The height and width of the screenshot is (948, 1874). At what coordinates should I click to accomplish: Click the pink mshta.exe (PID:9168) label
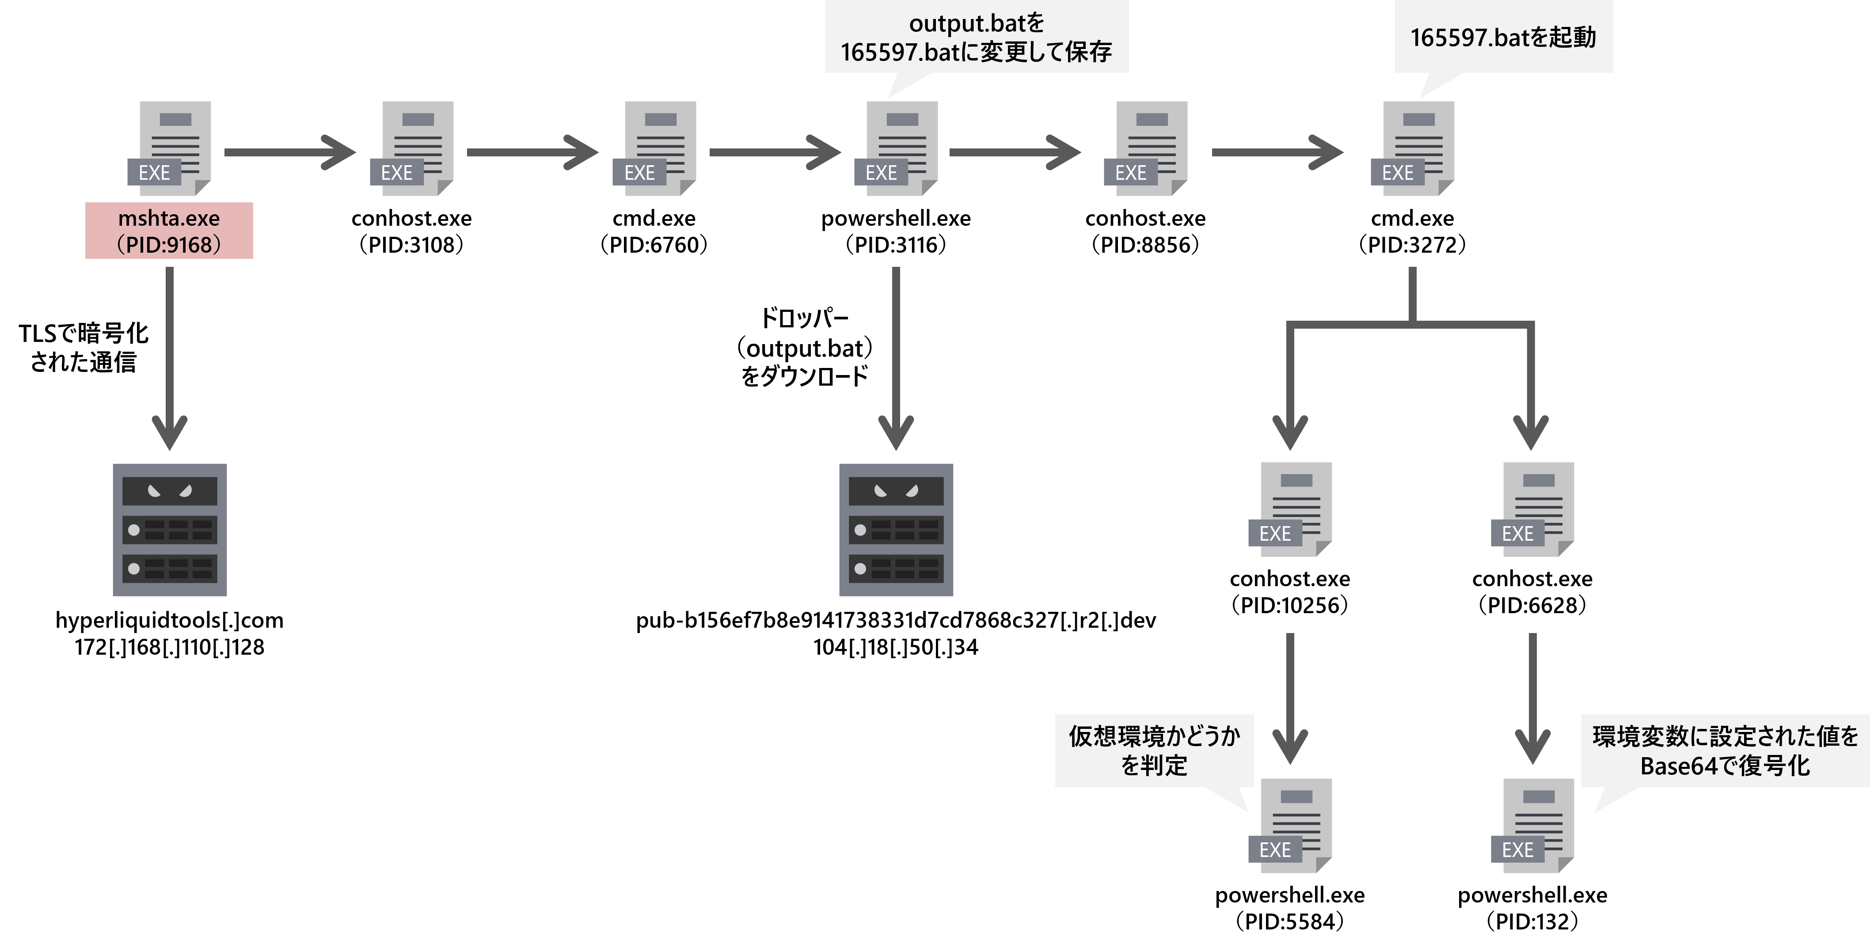click(169, 231)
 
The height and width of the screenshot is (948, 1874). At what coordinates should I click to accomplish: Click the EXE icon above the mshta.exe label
click(170, 148)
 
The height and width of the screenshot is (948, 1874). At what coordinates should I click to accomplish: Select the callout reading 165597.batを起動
click(1503, 37)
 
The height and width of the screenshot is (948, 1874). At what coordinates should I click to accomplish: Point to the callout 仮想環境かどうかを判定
click(1154, 751)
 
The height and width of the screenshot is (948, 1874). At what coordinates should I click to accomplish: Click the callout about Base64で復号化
click(1725, 751)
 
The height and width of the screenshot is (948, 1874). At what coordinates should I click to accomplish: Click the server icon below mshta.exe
click(170, 530)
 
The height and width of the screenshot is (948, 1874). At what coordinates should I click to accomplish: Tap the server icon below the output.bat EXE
click(896, 530)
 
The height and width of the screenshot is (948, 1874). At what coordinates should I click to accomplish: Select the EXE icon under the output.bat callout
click(896, 148)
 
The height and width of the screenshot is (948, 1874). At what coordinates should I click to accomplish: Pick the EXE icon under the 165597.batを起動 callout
click(1413, 148)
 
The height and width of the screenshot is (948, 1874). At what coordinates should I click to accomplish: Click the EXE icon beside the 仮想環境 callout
click(1291, 826)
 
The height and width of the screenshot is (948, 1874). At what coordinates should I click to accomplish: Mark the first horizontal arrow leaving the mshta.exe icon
click(289, 152)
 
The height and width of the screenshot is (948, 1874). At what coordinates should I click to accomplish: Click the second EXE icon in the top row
click(412, 148)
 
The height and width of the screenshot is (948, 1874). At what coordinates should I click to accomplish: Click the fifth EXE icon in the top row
click(1146, 148)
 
